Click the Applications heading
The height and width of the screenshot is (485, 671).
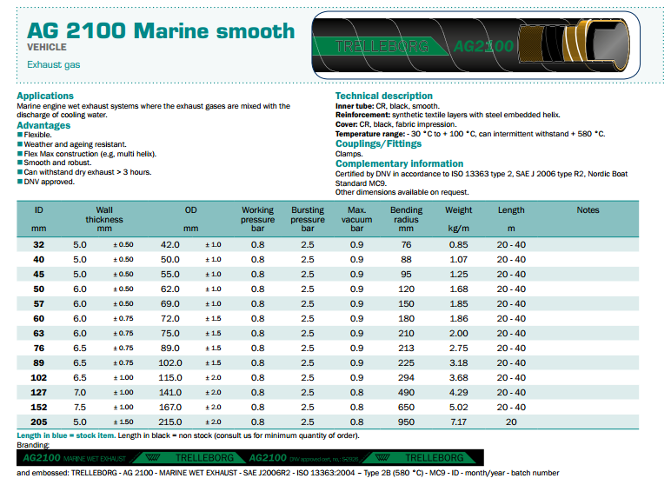45,96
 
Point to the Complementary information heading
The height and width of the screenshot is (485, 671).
399,163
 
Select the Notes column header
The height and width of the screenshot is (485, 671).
588,209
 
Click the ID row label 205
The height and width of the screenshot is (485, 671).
37,422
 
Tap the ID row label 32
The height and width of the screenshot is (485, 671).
38,245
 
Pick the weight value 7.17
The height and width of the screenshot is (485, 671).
458,422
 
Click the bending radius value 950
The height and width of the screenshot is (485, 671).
406,422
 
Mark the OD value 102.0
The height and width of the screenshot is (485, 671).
170,362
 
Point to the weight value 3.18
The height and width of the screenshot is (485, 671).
458,362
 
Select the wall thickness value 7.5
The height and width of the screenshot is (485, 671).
80,407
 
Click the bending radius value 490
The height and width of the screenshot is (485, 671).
406,392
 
